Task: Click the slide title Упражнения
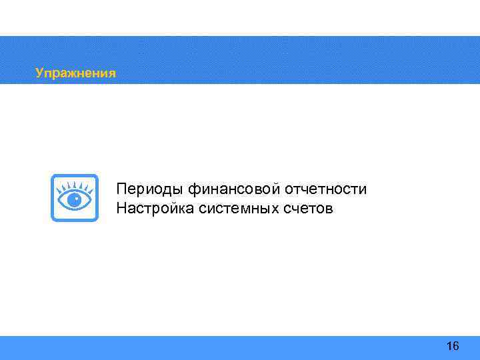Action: pos(75,73)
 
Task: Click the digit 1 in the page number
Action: pos(449,346)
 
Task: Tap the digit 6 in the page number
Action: pos(456,346)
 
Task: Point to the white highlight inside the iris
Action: pos(77,198)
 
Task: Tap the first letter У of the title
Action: pos(39,73)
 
